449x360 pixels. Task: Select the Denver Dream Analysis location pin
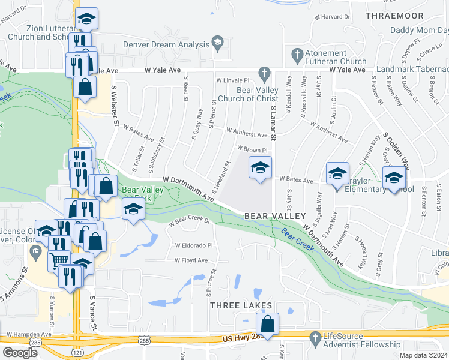pos(217,43)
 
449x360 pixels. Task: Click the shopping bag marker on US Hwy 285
pos(268,325)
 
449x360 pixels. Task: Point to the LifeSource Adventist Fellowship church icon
pos(315,339)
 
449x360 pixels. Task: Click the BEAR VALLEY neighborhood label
pos(274,216)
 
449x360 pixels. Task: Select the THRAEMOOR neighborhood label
pos(394,16)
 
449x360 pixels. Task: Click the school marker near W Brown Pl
pos(260,168)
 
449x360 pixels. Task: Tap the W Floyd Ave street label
pos(191,260)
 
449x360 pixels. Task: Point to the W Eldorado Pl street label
pos(194,245)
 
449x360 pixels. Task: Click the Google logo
pos(20,353)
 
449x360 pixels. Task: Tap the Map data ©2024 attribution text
pos(423,355)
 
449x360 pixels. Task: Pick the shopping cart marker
pos(59,260)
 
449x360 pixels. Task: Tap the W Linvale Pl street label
pos(232,80)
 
